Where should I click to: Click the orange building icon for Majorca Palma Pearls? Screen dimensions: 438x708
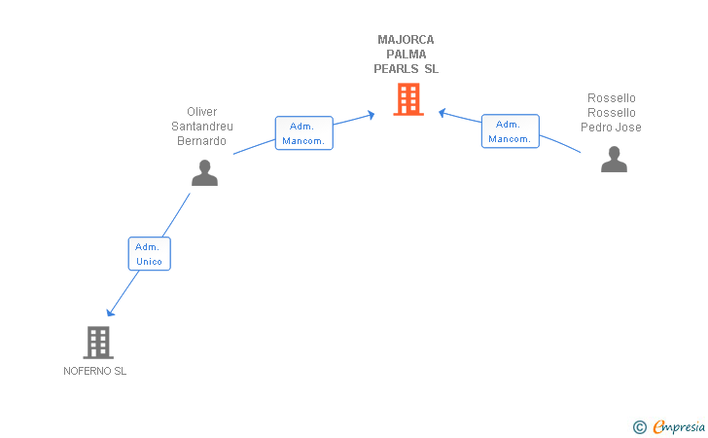[407, 99]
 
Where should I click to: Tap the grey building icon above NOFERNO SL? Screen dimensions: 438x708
[98, 342]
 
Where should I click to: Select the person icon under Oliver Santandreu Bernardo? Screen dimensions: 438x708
[204, 172]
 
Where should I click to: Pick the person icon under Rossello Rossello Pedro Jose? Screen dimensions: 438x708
[614, 159]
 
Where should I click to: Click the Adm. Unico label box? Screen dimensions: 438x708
[149, 254]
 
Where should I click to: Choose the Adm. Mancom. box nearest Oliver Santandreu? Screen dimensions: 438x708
[303, 133]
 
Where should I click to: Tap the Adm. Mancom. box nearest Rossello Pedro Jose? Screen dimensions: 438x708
[510, 131]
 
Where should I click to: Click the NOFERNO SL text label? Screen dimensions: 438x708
[95, 371]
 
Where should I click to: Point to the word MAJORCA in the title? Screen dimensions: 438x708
[407, 40]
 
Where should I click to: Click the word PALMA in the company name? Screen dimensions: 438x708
[407, 55]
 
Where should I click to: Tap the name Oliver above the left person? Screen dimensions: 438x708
[202, 112]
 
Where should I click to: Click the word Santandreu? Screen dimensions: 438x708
[202, 127]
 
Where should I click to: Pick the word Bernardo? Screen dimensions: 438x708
[202, 141]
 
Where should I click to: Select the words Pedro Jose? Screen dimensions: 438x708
[612, 128]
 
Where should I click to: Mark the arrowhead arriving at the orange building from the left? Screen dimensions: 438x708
[371, 116]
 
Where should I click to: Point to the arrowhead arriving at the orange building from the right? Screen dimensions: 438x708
[442, 113]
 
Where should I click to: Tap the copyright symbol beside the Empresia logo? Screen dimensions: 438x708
[639, 426]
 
